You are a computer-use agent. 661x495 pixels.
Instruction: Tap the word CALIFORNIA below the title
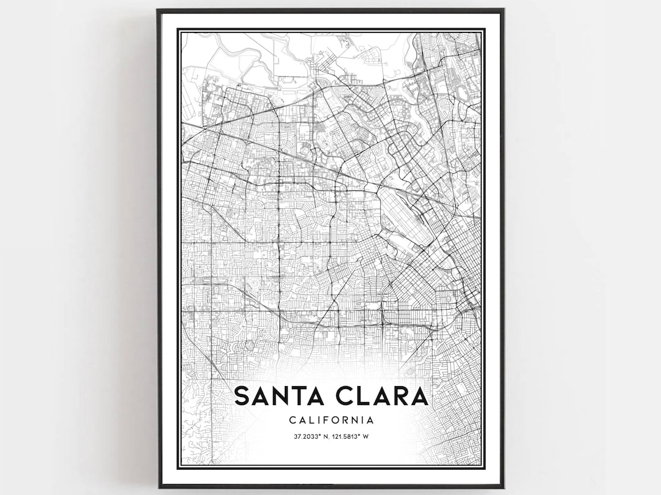(331, 420)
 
